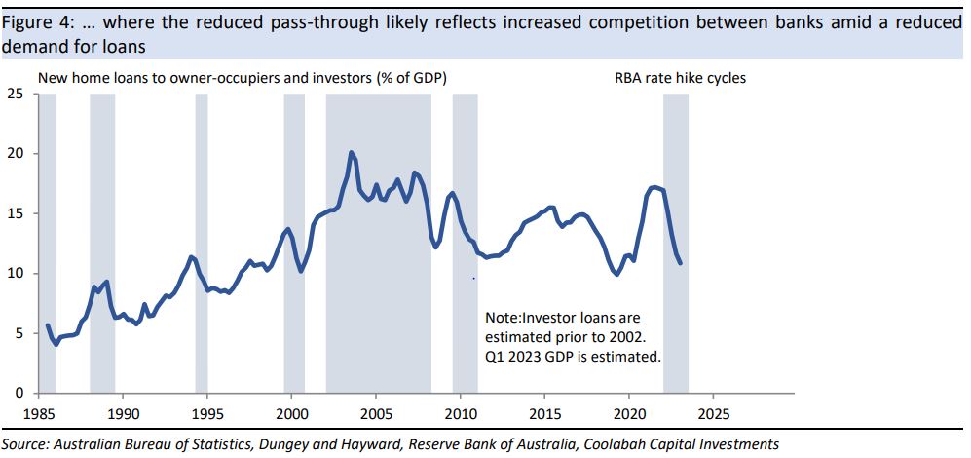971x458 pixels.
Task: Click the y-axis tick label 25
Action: tap(16, 94)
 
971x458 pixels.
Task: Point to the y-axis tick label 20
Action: tap(16, 154)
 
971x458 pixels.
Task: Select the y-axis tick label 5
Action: tap(19, 333)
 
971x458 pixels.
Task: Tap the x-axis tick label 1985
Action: tap(39, 412)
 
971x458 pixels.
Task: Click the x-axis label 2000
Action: tap(292, 412)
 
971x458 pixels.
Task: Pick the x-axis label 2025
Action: tap(713, 412)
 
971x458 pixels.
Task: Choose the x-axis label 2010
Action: tap(461, 412)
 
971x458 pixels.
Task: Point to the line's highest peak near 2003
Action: tap(352, 152)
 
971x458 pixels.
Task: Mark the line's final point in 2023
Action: tap(680, 263)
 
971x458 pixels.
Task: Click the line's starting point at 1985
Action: tap(47, 325)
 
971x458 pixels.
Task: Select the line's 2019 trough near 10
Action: tap(616, 274)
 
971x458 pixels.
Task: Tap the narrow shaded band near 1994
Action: tap(202, 244)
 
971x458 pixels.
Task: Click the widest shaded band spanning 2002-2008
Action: tap(378, 244)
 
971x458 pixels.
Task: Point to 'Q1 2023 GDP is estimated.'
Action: tap(573, 357)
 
